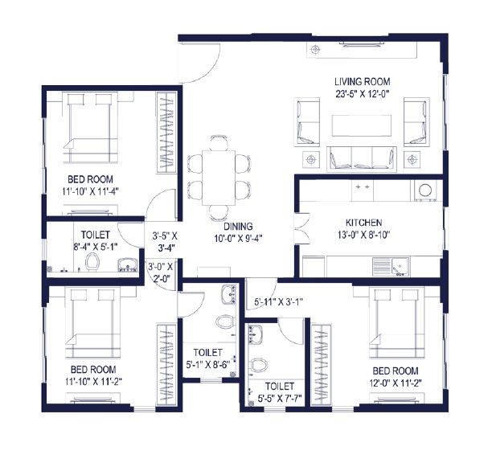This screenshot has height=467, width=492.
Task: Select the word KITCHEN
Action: tap(363, 223)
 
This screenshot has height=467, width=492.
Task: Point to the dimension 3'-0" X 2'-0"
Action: tap(162, 274)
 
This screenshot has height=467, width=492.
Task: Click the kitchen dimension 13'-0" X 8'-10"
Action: tap(363, 236)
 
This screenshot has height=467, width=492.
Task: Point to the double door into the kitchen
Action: tap(299, 227)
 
